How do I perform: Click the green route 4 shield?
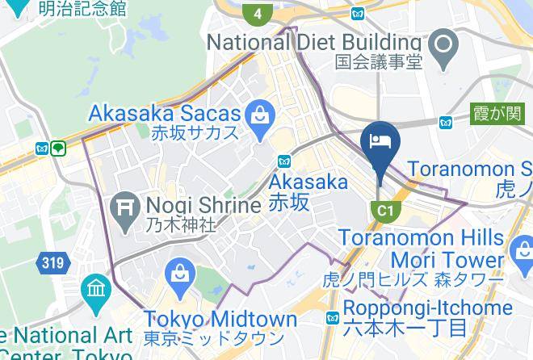[258, 13]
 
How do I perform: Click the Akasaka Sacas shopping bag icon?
[261, 114]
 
